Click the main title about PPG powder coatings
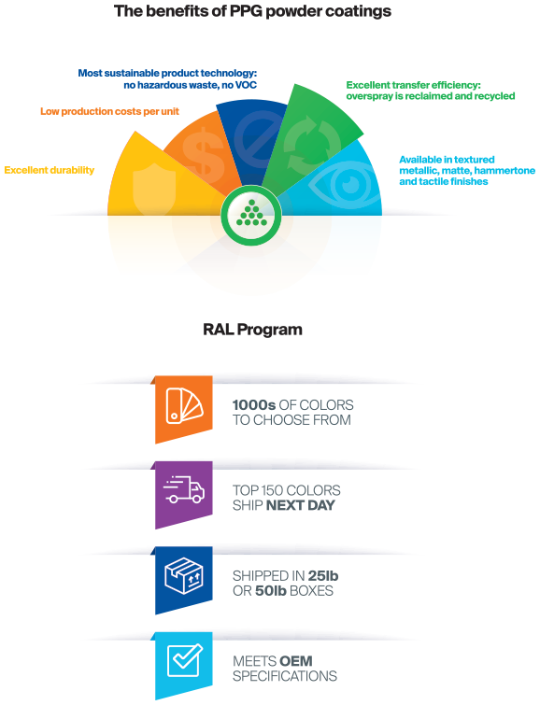point(252,11)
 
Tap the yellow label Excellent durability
point(50,170)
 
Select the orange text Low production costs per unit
point(110,111)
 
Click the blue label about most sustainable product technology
point(167,79)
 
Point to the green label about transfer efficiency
point(431,91)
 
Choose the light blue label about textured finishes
point(467,170)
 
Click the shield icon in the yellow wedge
point(154,188)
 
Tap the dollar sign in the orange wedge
point(204,152)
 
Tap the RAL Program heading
point(252,330)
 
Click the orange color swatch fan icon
point(184,406)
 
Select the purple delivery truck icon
point(184,489)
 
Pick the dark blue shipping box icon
point(184,575)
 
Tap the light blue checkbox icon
point(184,660)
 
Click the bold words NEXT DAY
point(301,505)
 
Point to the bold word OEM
point(295,661)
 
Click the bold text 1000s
point(254,405)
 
